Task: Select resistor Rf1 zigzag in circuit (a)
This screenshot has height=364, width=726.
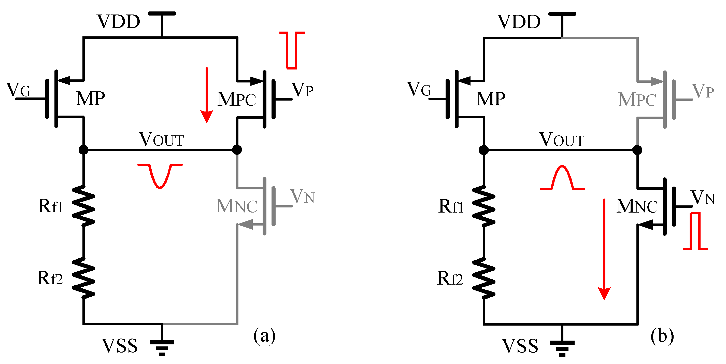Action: click(83, 206)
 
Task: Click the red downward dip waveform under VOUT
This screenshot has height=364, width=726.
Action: click(160, 175)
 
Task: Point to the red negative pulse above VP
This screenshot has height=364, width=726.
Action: click(292, 50)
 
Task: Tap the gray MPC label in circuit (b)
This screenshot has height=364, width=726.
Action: click(637, 100)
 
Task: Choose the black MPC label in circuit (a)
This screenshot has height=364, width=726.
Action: click(236, 100)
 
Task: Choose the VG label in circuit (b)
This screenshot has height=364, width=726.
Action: click(419, 89)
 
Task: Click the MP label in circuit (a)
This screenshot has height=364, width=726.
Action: click(91, 99)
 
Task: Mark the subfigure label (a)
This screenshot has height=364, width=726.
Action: click(264, 335)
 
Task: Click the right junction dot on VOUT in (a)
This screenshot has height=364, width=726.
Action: click(237, 150)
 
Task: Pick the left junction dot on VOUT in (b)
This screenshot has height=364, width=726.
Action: click(484, 150)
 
